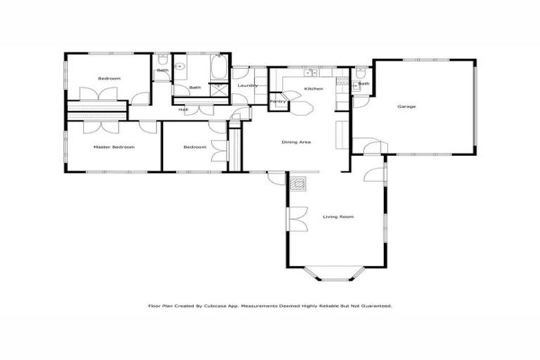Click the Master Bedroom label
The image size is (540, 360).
(114, 147)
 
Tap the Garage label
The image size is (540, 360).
(406, 106)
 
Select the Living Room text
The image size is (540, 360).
(337, 217)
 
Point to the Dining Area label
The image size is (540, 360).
(296, 142)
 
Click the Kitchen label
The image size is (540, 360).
(313, 89)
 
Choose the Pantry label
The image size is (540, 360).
(278, 101)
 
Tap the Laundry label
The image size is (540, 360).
(247, 86)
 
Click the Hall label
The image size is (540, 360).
(183, 110)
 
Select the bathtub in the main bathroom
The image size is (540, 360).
(217, 70)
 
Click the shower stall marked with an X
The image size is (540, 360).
(219, 90)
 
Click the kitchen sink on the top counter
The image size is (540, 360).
(309, 72)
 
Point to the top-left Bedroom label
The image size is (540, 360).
(109, 79)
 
